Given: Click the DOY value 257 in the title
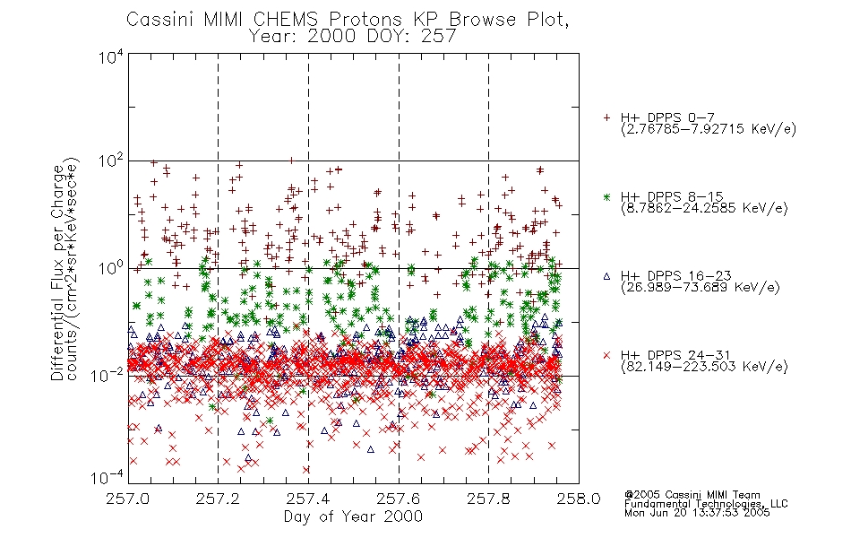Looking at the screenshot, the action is (438, 37).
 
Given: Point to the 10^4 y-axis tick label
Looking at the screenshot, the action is (111, 56).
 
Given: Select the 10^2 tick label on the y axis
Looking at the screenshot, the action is (111, 162).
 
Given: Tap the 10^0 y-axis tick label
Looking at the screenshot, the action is (111, 268).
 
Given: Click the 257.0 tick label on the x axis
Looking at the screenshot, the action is (128, 499).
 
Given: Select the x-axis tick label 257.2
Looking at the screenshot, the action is (219, 499).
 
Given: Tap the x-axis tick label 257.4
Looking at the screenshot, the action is (308, 499).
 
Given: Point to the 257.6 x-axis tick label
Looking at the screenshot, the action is (399, 499).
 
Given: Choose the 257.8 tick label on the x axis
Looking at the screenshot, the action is (488, 499).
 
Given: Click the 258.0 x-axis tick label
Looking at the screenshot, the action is (579, 499).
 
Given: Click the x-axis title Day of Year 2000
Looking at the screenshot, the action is (353, 516).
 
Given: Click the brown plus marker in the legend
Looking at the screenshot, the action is (607, 117).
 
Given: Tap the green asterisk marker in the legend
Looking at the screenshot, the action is (607, 196).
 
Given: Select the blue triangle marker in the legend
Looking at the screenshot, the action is (607, 276).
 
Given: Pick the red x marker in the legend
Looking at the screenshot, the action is (607, 355).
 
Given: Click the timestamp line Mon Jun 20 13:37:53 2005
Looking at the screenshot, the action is (697, 513).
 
